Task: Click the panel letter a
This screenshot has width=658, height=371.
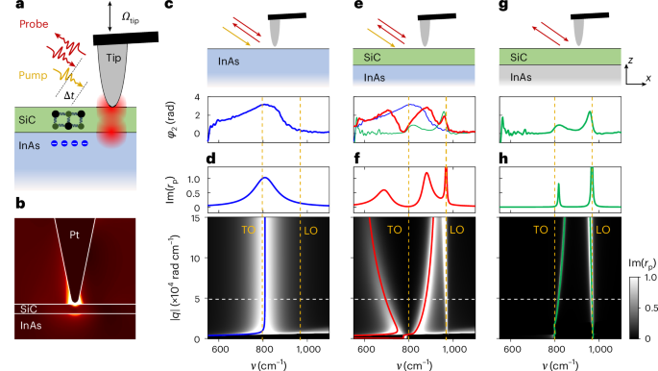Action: (x=7, y=7)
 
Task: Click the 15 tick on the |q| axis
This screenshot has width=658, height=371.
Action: (x=192, y=221)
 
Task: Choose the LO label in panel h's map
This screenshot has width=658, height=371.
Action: (x=603, y=232)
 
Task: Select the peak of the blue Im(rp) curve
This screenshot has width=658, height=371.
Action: (x=265, y=178)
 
